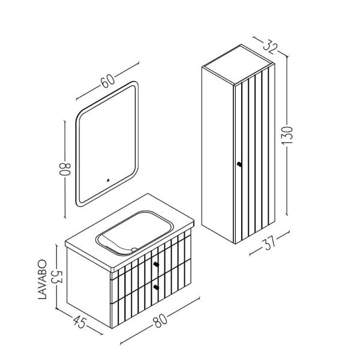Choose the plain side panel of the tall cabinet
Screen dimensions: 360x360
coord(215,150)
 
